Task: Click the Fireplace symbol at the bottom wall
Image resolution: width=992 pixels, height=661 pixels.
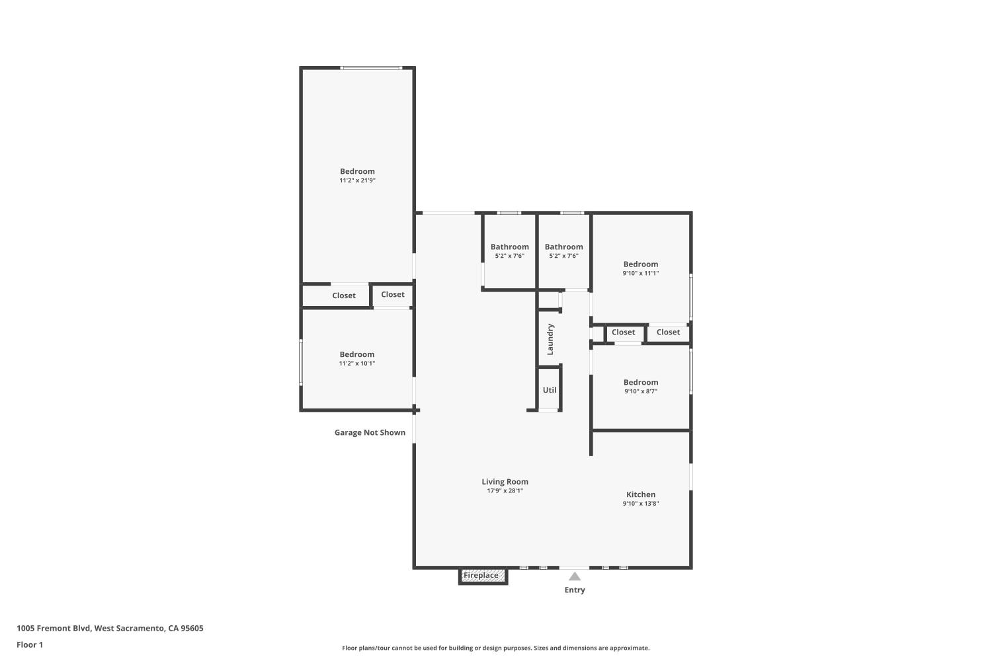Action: pyautogui.click(x=483, y=576)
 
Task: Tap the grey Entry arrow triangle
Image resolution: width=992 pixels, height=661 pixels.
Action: pyautogui.click(x=575, y=576)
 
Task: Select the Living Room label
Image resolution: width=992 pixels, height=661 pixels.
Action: pyautogui.click(x=505, y=481)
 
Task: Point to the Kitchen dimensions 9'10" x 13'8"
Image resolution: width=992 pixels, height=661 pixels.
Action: pyautogui.click(x=640, y=504)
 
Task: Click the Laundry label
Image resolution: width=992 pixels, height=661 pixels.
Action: pyautogui.click(x=550, y=339)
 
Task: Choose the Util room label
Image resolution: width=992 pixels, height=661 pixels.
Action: pyautogui.click(x=550, y=389)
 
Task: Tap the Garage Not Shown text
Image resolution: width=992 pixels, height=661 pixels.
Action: pyautogui.click(x=370, y=432)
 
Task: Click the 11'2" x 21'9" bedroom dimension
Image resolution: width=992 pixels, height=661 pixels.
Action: pyautogui.click(x=357, y=180)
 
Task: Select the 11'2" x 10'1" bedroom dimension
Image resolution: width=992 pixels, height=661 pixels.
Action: pyautogui.click(x=357, y=364)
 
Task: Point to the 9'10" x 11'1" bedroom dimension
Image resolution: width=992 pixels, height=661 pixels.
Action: pyautogui.click(x=640, y=273)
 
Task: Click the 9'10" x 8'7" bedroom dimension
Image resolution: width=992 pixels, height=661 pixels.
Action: pyautogui.click(x=640, y=391)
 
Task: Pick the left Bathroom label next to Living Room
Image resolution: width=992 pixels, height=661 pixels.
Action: pyautogui.click(x=509, y=247)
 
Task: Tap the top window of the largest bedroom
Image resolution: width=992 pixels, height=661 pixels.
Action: pyautogui.click(x=371, y=67)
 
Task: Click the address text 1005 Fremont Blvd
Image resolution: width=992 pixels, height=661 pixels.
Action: pyautogui.click(x=53, y=628)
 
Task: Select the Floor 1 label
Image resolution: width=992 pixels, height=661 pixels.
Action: pyautogui.click(x=30, y=644)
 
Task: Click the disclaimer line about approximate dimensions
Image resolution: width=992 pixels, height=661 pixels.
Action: pyautogui.click(x=495, y=648)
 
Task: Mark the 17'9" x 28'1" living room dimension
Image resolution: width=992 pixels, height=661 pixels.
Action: pyautogui.click(x=505, y=490)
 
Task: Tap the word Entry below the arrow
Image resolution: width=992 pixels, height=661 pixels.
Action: pyautogui.click(x=575, y=590)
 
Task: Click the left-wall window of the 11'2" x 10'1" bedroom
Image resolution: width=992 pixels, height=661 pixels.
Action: pyautogui.click(x=301, y=362)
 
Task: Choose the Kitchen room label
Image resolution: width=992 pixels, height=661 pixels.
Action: pyautogui.click(x=640, y=494)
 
